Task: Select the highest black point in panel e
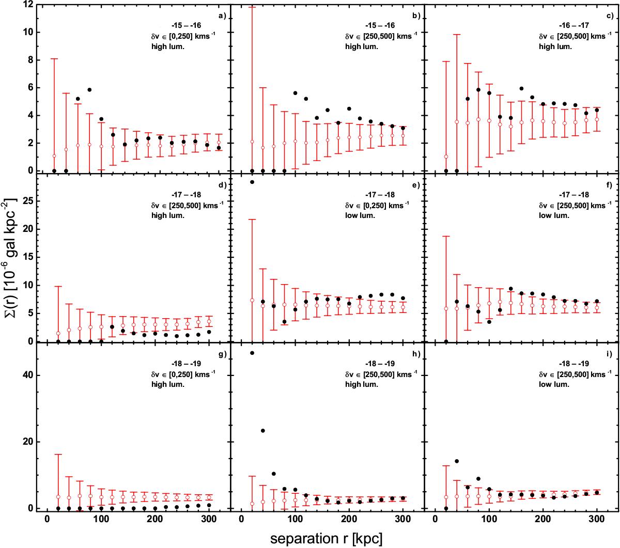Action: click(252, 182)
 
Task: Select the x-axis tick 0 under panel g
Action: click(48, 520)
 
